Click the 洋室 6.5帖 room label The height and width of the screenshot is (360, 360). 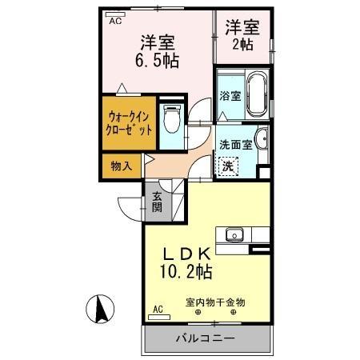pyautogui.click(x=159, y=50)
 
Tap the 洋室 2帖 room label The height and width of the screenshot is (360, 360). pyautogui.click(x=242, y=34)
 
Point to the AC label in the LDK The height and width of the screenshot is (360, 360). pyautogui.click(x=158, y=308)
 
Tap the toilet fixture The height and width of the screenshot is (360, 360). pyautogui.click(x=169, y=120)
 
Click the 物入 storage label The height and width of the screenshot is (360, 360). pyautogui.click(x=120, y=166)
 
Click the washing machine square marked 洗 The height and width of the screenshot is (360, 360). pyautogui.click(x=228, y=166)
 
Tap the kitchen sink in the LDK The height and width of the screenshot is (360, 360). pyautogui.click(x=234, y=235)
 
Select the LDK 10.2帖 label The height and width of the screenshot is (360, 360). pyautogui.click(x=183, y=260)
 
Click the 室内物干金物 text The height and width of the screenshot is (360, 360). pyautogui.click(x=215, y=302)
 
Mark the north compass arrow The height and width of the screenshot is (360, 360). pyautogui.click(x=100, y=307)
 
